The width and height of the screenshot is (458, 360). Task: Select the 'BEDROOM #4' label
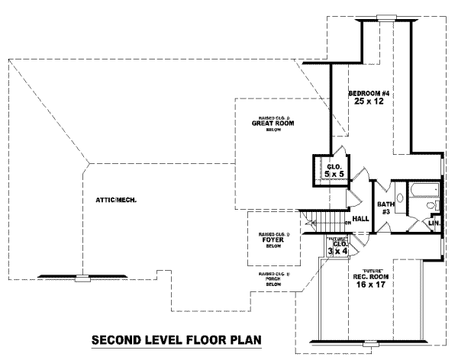point(369,93)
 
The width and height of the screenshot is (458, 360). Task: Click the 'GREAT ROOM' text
point(273,123)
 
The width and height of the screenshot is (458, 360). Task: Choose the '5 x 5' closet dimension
point(334,175)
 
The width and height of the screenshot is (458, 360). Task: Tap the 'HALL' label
point(361,219)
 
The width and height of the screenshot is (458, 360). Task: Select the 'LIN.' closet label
point(433,223)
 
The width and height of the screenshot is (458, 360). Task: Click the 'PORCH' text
point(273,280)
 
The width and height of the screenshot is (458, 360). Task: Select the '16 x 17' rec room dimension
point(372,286)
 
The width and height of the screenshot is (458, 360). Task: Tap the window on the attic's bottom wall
point(81,277)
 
